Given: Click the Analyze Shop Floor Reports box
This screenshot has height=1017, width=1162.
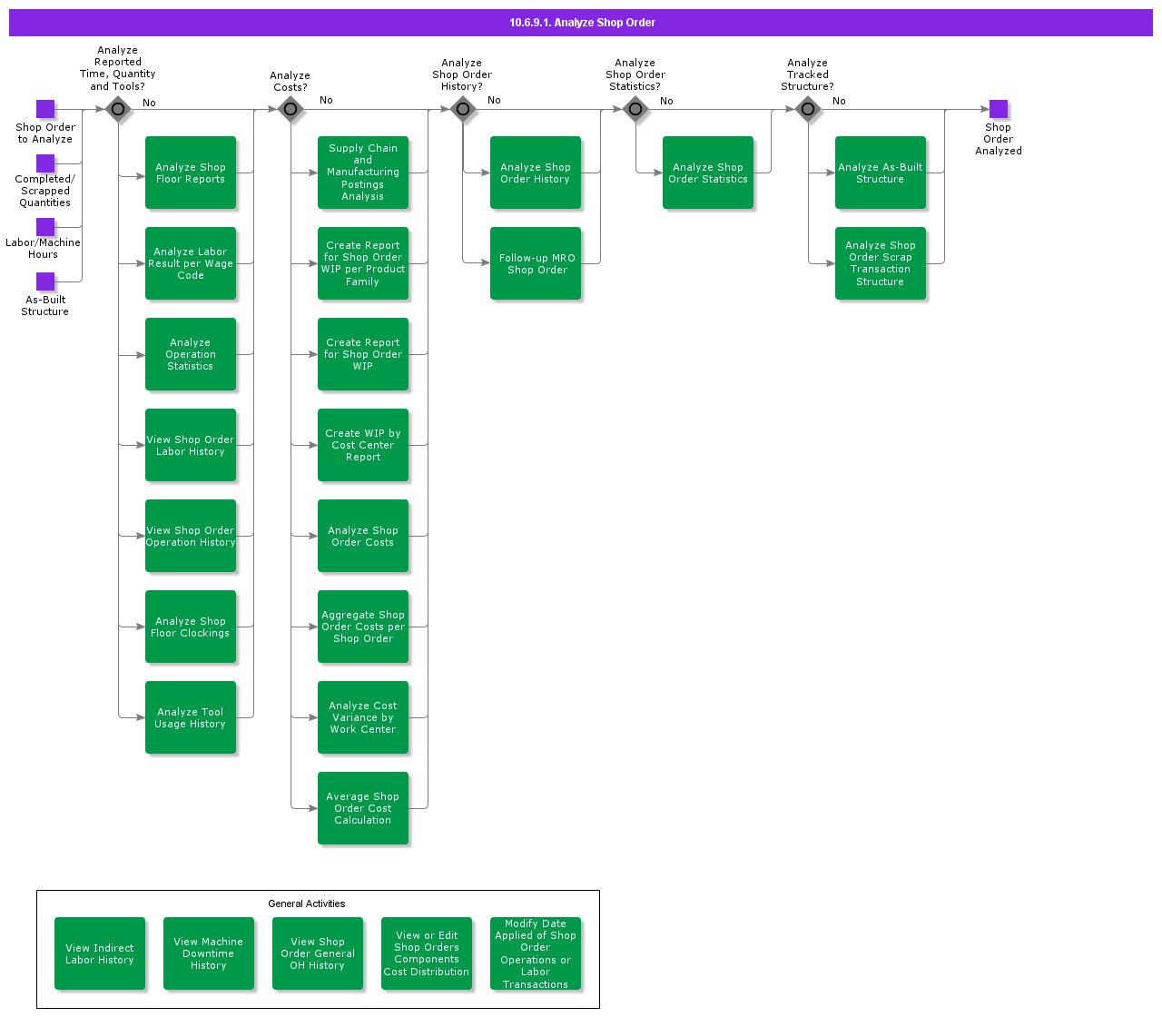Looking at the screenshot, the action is coord(191,173).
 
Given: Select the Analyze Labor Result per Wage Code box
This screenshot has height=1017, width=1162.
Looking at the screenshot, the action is coord(191,263).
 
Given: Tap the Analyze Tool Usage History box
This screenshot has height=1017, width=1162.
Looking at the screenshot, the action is coord(191,717).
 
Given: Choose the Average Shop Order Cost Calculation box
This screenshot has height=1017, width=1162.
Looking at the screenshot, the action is coord(363,808).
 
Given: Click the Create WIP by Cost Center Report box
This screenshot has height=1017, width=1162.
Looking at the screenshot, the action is coord(363,445).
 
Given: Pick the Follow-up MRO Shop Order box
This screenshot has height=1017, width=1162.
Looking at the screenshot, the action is coord(536,263).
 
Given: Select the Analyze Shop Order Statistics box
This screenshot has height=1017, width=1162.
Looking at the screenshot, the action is coord(708,173).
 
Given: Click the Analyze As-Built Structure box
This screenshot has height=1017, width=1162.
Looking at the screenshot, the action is coord(881,173).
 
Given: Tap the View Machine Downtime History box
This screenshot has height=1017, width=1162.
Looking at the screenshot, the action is coord(209,953).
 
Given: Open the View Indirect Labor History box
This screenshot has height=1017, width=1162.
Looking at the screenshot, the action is coord(99,953).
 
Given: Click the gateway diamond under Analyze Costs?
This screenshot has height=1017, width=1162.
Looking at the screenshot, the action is coord(290,109).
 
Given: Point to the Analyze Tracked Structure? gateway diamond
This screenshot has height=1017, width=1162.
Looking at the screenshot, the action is coord(808,109).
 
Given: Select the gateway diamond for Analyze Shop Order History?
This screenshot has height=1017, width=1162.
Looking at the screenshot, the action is coord(463,109).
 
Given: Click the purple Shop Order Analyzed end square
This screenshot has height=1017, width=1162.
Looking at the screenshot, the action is coord(999,109).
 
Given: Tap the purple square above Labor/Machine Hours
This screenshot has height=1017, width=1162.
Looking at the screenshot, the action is coord(45,227).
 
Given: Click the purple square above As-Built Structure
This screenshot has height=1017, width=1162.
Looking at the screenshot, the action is coord(45,281).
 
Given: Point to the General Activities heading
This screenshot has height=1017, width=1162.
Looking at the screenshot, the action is coord(307,903).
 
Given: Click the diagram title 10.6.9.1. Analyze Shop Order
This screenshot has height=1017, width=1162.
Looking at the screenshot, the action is coord(582,23).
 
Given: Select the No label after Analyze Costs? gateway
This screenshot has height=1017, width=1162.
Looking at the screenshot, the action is coord(326,100).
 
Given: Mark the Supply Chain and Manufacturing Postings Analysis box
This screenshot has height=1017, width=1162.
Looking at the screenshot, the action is coord(363,173).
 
